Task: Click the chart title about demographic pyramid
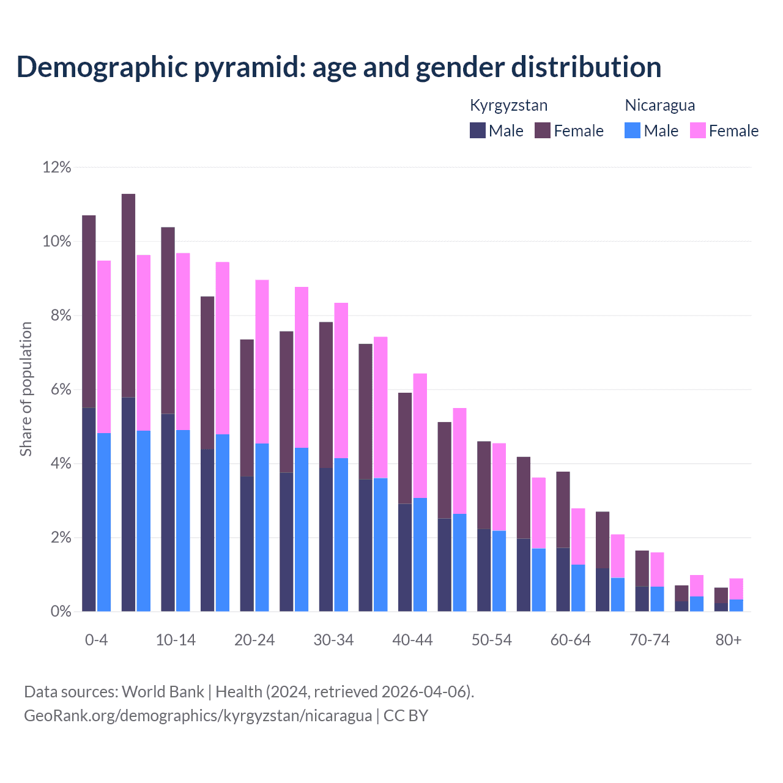click(339, 67)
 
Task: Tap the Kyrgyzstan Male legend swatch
click(478, 130)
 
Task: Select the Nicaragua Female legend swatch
click(698, 130)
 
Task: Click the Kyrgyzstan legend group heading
click(508, 105)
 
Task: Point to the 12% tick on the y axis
click(57, 167)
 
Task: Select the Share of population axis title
click(26, 389)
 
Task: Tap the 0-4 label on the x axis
click(96, 640)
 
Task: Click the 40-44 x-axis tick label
click(412, 640)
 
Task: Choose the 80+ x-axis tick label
click(728, 640)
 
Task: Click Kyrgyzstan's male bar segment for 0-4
click(89, 509)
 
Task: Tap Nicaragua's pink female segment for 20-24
click(262, 362)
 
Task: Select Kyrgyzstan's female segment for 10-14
click(168, 321)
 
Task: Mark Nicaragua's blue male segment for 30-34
click(341, 535)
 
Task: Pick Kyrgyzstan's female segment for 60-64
click(563, 510)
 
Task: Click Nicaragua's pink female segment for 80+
click(737, 588)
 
